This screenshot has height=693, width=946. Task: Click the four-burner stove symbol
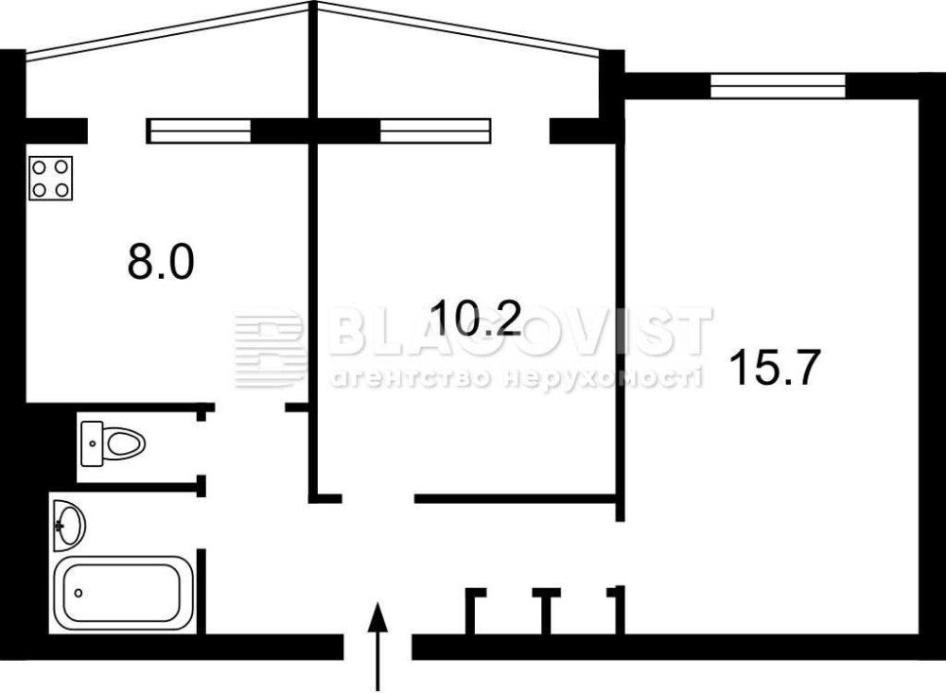(x=51, y=178)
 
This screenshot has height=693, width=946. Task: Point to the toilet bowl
(x=124, y=444)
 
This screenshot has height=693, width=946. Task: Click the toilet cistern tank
(x=92, y=444)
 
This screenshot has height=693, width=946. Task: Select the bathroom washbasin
(x=69, y=526)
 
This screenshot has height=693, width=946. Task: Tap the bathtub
(x=124, y=593)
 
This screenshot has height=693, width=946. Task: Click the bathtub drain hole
(x=79, y=593)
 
